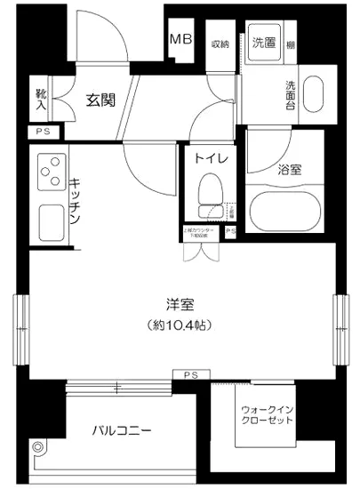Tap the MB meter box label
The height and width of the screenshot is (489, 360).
click(180, 41)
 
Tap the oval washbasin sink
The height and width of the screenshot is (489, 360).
click(315, 94)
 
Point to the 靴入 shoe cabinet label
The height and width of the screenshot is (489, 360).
click(41, 100)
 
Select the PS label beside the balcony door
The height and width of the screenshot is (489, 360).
click(191, 374)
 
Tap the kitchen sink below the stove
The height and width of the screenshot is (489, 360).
click(46, 220)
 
